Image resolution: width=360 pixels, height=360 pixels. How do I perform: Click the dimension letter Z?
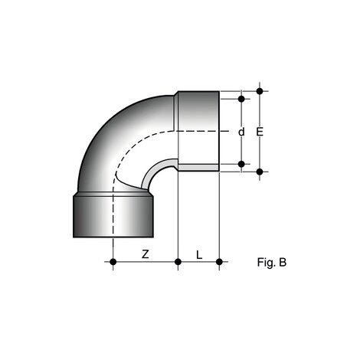145,254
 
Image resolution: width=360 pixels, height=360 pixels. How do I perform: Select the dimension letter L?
198,254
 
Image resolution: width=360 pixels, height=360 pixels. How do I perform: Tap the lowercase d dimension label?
241,132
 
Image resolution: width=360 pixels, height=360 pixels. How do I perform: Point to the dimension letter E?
260,132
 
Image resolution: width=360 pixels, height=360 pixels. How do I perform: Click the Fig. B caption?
272,262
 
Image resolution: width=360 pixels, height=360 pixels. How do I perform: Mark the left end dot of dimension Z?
113,263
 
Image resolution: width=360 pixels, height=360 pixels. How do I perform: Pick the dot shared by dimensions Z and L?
178,263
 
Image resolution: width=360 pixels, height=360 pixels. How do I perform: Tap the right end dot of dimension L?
220,263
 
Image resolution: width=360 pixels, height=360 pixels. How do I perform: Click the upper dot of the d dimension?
242,99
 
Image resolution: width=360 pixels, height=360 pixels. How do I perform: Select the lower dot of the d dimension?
242,163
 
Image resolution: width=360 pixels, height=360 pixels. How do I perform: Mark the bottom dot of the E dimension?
261,172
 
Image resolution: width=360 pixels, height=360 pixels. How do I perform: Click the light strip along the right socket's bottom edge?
198,167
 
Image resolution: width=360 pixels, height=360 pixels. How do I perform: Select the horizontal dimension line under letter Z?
146,263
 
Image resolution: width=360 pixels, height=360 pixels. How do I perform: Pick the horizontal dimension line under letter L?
199,263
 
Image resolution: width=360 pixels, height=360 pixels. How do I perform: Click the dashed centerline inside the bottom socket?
113,218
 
